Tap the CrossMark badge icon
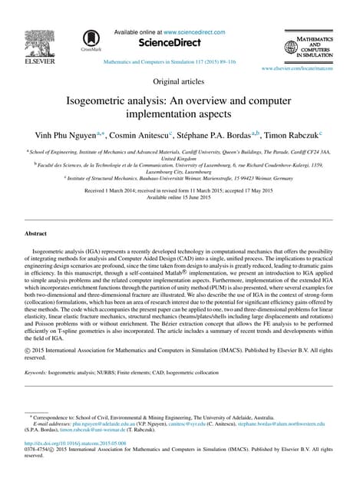point(91,40)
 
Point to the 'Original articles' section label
point(180,81)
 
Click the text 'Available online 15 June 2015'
point(180,196)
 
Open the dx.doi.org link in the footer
point(75,443)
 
